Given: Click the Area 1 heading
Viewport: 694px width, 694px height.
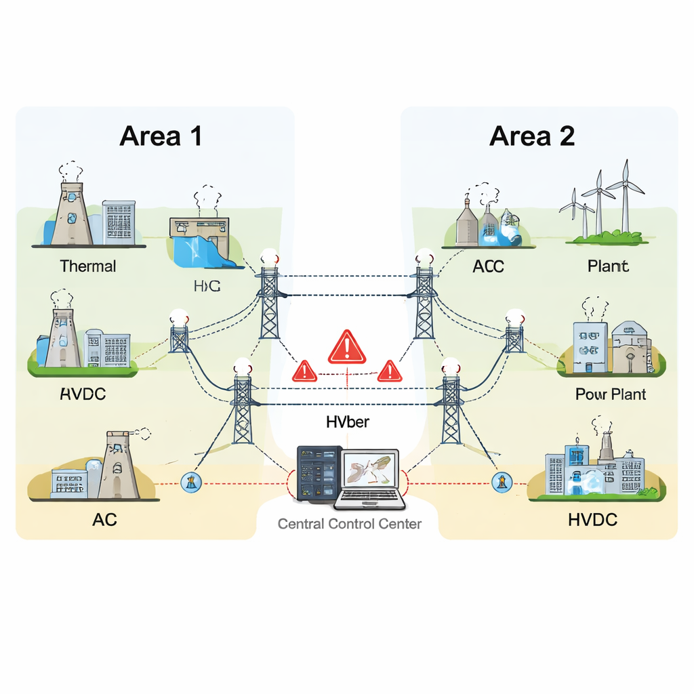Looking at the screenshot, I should (161, 136).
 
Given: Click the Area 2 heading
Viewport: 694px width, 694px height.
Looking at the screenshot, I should (531, 136).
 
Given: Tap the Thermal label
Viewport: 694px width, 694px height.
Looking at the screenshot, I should (87, 266).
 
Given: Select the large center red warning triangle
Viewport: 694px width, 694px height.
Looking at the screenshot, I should (347, 347).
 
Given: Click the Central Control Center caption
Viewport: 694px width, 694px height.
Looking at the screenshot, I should (350, 524).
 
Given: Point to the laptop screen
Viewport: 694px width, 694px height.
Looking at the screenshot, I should (369, 469).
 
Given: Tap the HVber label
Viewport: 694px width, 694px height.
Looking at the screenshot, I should (347, 423).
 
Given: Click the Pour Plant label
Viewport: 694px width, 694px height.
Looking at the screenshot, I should (610, 394).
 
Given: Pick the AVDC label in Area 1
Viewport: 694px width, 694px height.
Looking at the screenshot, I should (83, 394).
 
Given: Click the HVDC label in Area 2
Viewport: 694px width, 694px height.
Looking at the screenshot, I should (592, 520).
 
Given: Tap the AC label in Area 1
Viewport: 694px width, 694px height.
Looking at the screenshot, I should (104, 520).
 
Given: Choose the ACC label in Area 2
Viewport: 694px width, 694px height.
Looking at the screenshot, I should (488, 266).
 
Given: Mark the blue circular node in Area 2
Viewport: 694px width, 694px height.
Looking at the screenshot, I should (500, 483).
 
